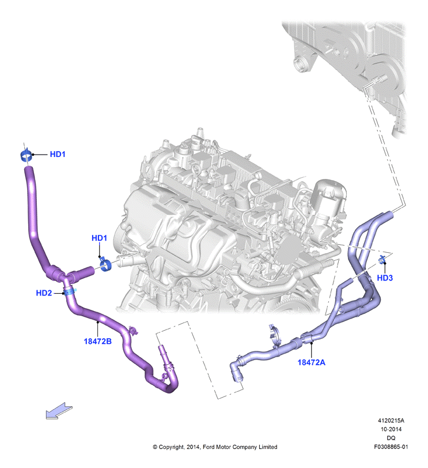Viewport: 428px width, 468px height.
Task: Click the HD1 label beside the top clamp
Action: [58, 154]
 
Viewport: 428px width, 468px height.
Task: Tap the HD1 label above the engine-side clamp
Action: [99, 238]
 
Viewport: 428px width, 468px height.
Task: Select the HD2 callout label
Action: [44, 293]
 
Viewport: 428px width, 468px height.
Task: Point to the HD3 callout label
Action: [385, 278]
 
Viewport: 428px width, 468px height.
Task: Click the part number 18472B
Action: [98, 341]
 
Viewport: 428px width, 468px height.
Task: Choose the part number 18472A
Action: [312, 362]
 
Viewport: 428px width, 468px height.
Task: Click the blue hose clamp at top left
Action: [26, 155]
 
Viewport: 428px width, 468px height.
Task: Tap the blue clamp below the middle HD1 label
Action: [105, 264]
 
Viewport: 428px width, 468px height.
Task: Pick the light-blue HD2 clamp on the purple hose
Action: [70, 291]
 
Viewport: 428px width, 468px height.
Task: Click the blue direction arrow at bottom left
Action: [59, 411]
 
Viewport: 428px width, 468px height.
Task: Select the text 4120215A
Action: [391, 421]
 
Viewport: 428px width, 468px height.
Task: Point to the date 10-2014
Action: [391, 429]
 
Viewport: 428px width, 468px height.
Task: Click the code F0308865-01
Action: [391, 447]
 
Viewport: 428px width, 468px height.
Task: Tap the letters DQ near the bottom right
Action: [391, 438]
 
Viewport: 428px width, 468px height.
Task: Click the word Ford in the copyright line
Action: [209, 447]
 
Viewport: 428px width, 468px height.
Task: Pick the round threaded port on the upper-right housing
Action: [299, 65]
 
